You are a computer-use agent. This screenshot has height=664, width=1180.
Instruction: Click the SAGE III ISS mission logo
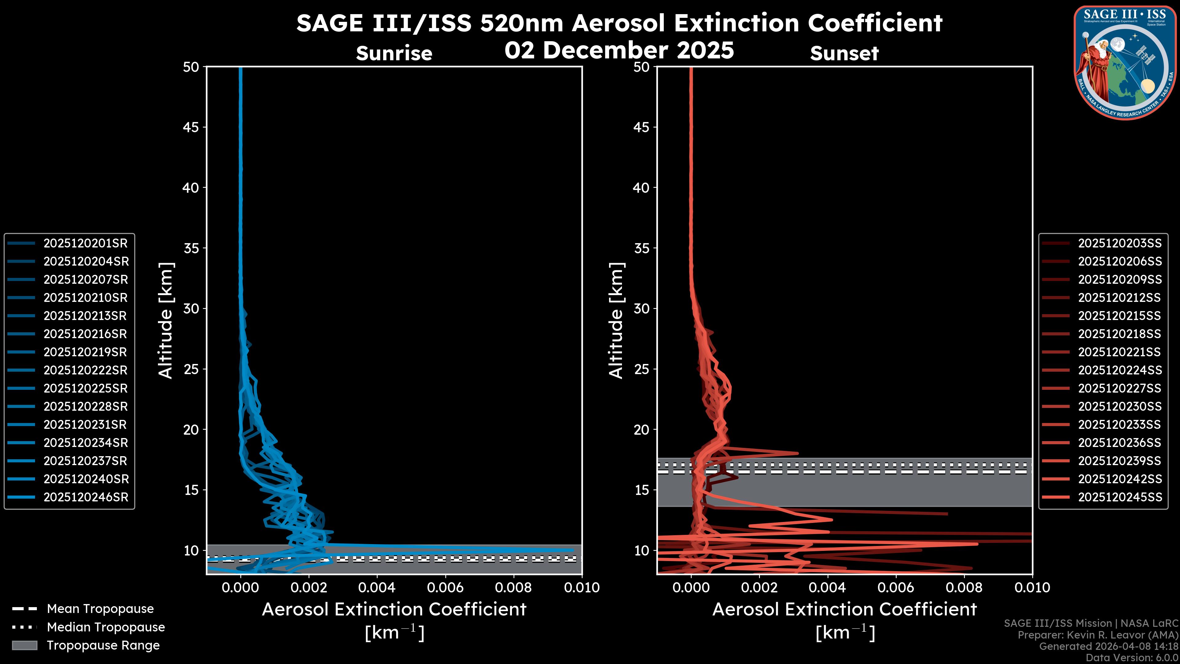[x=1125, y=62]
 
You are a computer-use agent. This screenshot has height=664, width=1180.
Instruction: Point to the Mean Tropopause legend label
[x=100, y=609]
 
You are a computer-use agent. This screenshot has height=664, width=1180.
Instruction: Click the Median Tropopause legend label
[x=106, y=627]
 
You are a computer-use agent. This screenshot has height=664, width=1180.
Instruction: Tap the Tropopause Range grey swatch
[x=24, y=645]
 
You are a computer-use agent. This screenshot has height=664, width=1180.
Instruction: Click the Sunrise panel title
[x=394, y=53]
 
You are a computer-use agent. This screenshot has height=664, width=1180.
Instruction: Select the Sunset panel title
[x=844, y=53]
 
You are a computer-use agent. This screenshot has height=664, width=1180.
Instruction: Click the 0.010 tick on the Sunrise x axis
[x=582, y=587]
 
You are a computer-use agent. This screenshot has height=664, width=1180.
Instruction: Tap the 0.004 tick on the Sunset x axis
[x=828, y=587]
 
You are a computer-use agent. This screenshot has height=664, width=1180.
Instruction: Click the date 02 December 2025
[x=619, y=50]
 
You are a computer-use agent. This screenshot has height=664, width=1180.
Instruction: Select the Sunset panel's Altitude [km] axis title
[x=616, y=321]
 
